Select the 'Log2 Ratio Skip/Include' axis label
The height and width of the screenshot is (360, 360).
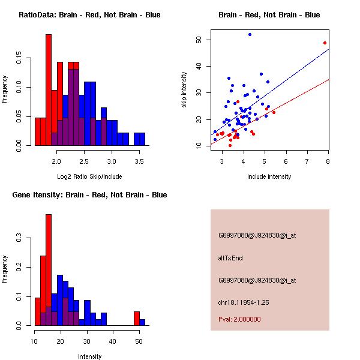[89, 176]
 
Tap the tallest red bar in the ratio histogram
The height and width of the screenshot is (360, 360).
[49, 89]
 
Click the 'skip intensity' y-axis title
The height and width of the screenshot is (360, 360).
[184, 90]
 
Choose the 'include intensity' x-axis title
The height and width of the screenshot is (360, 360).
[269, 176]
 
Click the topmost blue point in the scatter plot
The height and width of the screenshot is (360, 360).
[250, 35]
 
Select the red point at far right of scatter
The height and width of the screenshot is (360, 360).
[325, 43]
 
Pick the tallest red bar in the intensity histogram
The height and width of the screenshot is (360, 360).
[49, 270]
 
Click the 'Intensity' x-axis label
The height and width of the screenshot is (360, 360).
[90, 356]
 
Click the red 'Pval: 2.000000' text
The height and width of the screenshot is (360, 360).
[239, 319]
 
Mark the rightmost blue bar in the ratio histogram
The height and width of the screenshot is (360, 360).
[139, 139]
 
